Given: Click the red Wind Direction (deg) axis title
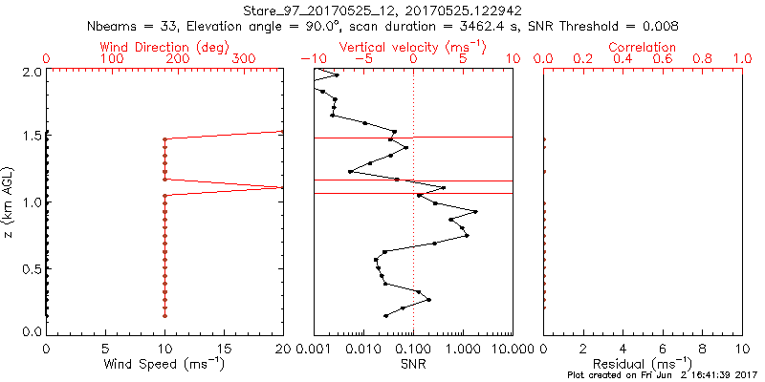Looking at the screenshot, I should pyautogui.click(x=164, y=46).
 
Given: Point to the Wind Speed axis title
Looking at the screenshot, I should pyautogui.click(x=164, y=364).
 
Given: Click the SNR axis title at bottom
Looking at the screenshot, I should pyautogui.click(x=413, y=364).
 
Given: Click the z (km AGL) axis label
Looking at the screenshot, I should pyautogui.click(x=9, y=202).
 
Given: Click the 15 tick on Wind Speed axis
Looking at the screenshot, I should pyautogui.click(x=224, y=348).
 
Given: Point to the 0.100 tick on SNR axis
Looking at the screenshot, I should pyautogui.click(x=413, y=348).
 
